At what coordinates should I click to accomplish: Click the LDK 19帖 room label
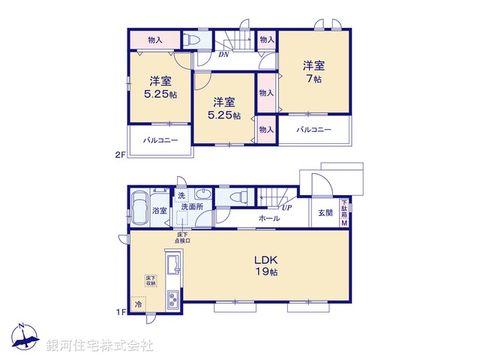(x=270, y=265)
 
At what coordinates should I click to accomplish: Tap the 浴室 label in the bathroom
(x=160, y=211)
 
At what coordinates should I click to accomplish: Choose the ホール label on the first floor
(x=269, y=219)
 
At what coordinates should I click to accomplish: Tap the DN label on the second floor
(x=223, y=54)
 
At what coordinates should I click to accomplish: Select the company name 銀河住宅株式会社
(x=100, y=346)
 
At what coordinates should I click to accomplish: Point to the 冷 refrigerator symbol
(x=138, y=305)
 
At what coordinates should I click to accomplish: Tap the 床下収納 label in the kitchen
(x=151, y=280)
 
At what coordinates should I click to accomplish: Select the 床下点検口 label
(x=183, y=238)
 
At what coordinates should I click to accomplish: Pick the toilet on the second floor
(x=192, y=40)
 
